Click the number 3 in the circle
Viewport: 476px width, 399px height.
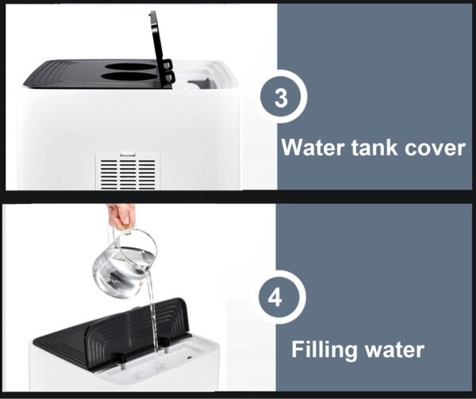click(x=281, y=98)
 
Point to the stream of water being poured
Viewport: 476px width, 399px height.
click(x=152, y=317)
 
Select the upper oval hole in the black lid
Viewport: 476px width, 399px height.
click(x=131, y=67)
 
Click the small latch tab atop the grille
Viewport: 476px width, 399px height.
click(x=127, y=155)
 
